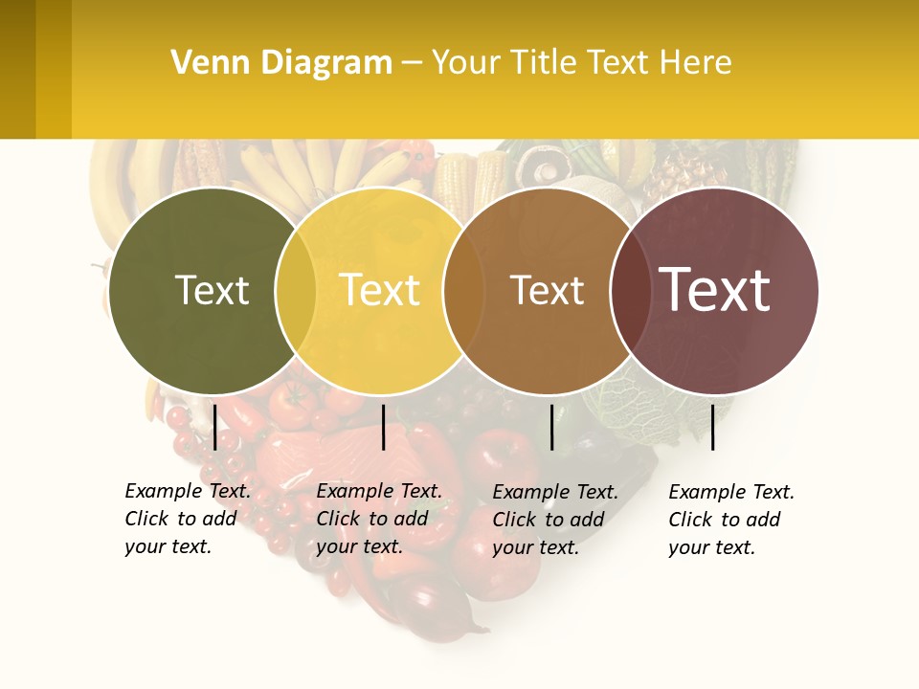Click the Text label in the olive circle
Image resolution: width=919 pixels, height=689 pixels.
click(x=212, y=290)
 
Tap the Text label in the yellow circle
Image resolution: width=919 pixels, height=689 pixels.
click(x=380, y=290)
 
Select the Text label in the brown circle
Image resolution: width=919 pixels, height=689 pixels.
click(x=547, y=290)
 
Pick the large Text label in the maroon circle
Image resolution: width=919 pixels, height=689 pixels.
click(x=715, y=290)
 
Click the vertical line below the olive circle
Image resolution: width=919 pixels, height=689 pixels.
click(x=215, y=427)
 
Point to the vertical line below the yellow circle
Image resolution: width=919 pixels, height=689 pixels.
click(x=383, y=427)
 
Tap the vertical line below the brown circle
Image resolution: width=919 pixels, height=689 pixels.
click(x=551, y=427)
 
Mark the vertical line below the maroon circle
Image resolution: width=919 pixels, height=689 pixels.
click(x=713, y=427)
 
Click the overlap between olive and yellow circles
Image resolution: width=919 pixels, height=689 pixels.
click(x=296, y=291)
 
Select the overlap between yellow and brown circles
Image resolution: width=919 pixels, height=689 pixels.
click(x=463, y=291)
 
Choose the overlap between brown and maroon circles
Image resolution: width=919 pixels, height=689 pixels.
click(x=630, y=291)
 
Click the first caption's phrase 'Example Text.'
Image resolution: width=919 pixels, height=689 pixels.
click(x=188, y=492)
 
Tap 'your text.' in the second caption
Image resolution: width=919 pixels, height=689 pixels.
click(x=359, y=547)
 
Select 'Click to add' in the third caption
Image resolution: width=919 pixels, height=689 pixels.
click(x=549, y=520)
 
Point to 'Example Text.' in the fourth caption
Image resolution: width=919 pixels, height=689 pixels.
click(x=731, y=493)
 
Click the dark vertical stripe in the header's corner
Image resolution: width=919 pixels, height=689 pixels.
click(x=17, y=69)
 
